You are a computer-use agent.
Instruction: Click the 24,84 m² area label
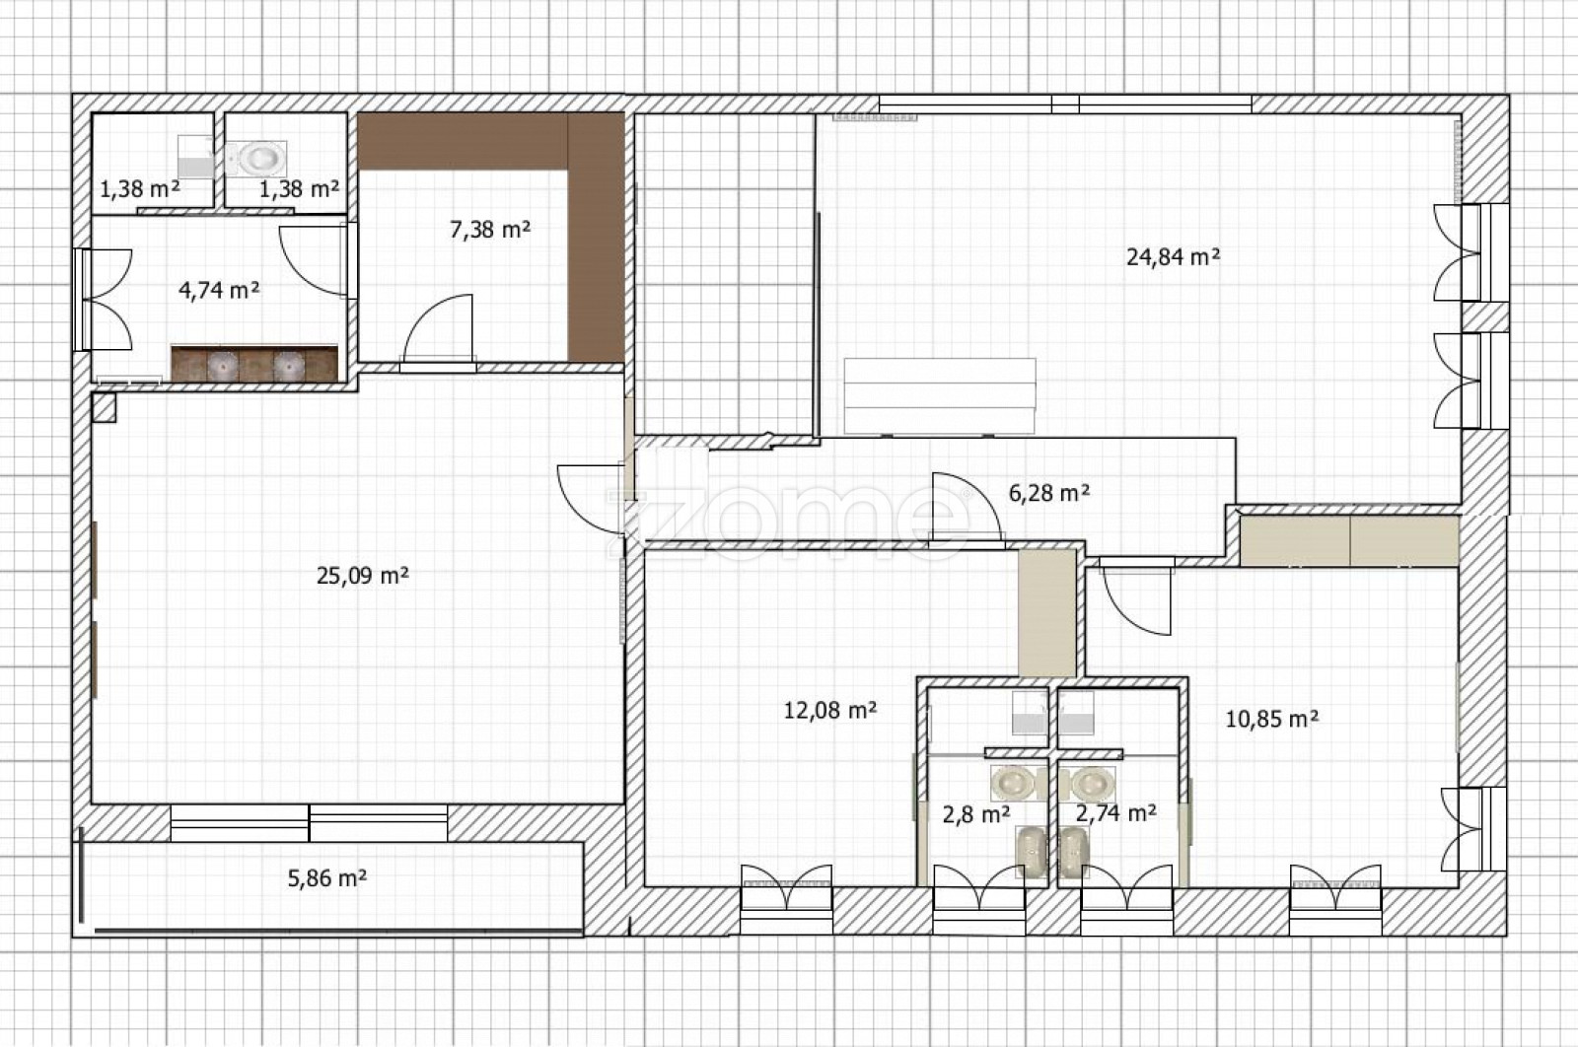click(1173, 257)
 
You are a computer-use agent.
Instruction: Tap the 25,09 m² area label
click(363, 576)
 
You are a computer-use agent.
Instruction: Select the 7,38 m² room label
click(490, 229)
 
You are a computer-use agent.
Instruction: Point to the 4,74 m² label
click(219, 290)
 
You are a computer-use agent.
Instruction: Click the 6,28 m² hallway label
click(1049, 493)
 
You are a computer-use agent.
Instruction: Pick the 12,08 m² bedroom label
click(830, 710)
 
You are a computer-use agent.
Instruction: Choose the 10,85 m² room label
click(1272, 719)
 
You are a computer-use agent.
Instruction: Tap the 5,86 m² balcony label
click(327, 878)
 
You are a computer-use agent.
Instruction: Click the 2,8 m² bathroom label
click(976, 814)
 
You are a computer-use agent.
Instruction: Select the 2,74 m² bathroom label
click(1116, 813)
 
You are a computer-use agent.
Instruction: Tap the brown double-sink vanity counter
click(255, 364)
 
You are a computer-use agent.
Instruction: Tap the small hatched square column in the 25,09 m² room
click(105, 408)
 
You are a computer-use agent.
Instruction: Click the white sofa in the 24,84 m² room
click(940, 396)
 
